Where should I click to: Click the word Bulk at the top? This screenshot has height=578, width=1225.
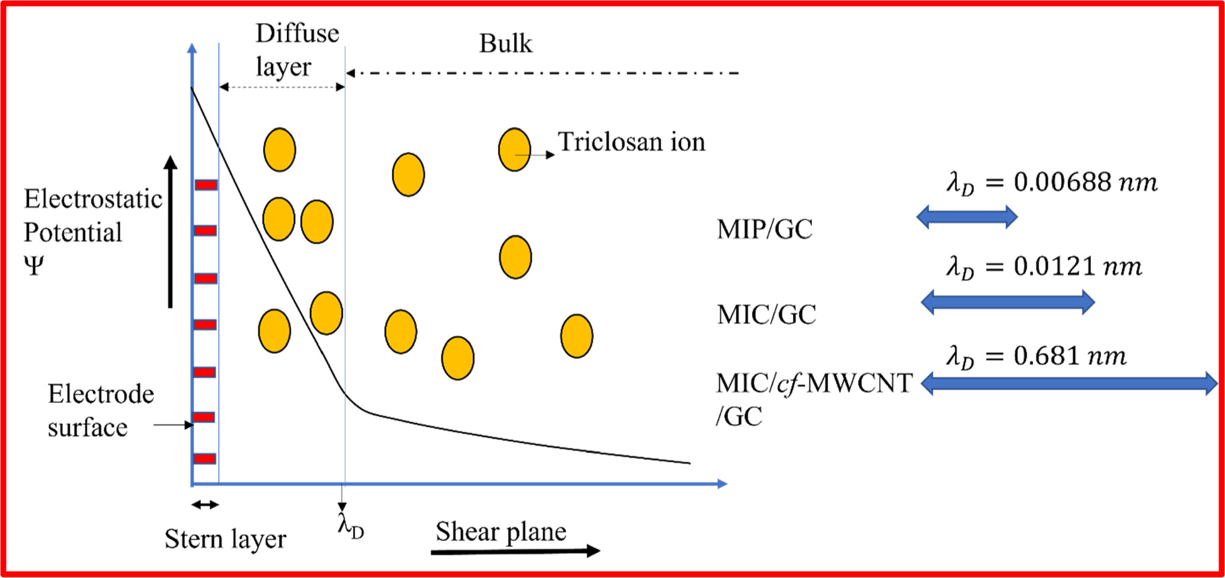pyautogui.click(x=505, y=44)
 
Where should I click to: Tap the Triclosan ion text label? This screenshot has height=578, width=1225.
pyautogui.click(x=631, y=142)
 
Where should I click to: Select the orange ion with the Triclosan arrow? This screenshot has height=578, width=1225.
pyautogui.click(x=514, y=150)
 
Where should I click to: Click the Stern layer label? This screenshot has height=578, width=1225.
pyautogui.click(x=225, y=539)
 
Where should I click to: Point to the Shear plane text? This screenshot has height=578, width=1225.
pyautogui.click(x=501, y=532)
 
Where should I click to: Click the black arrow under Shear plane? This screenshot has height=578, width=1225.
pyautogui.click(x=515, y=551)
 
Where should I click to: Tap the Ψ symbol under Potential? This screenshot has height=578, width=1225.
pyautogui.click(x=34, y=266)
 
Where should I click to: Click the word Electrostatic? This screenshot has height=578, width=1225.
pyautogui.click(x=93, y=199)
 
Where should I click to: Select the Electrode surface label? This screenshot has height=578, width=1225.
pyautogui.click(x=100, y=410)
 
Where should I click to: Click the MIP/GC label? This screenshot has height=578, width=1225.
pyautogui.click(x=764, y=230)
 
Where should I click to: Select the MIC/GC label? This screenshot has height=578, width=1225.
pyautogui.click(x=766, y=315)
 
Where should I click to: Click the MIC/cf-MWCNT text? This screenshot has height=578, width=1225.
pyautogui.click(x=814, y=383)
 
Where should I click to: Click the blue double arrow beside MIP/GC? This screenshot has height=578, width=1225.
pyautogui.click(x=966, y=217)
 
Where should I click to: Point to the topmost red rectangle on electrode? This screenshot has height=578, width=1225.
pyautogui.click(x=206, y=185)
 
